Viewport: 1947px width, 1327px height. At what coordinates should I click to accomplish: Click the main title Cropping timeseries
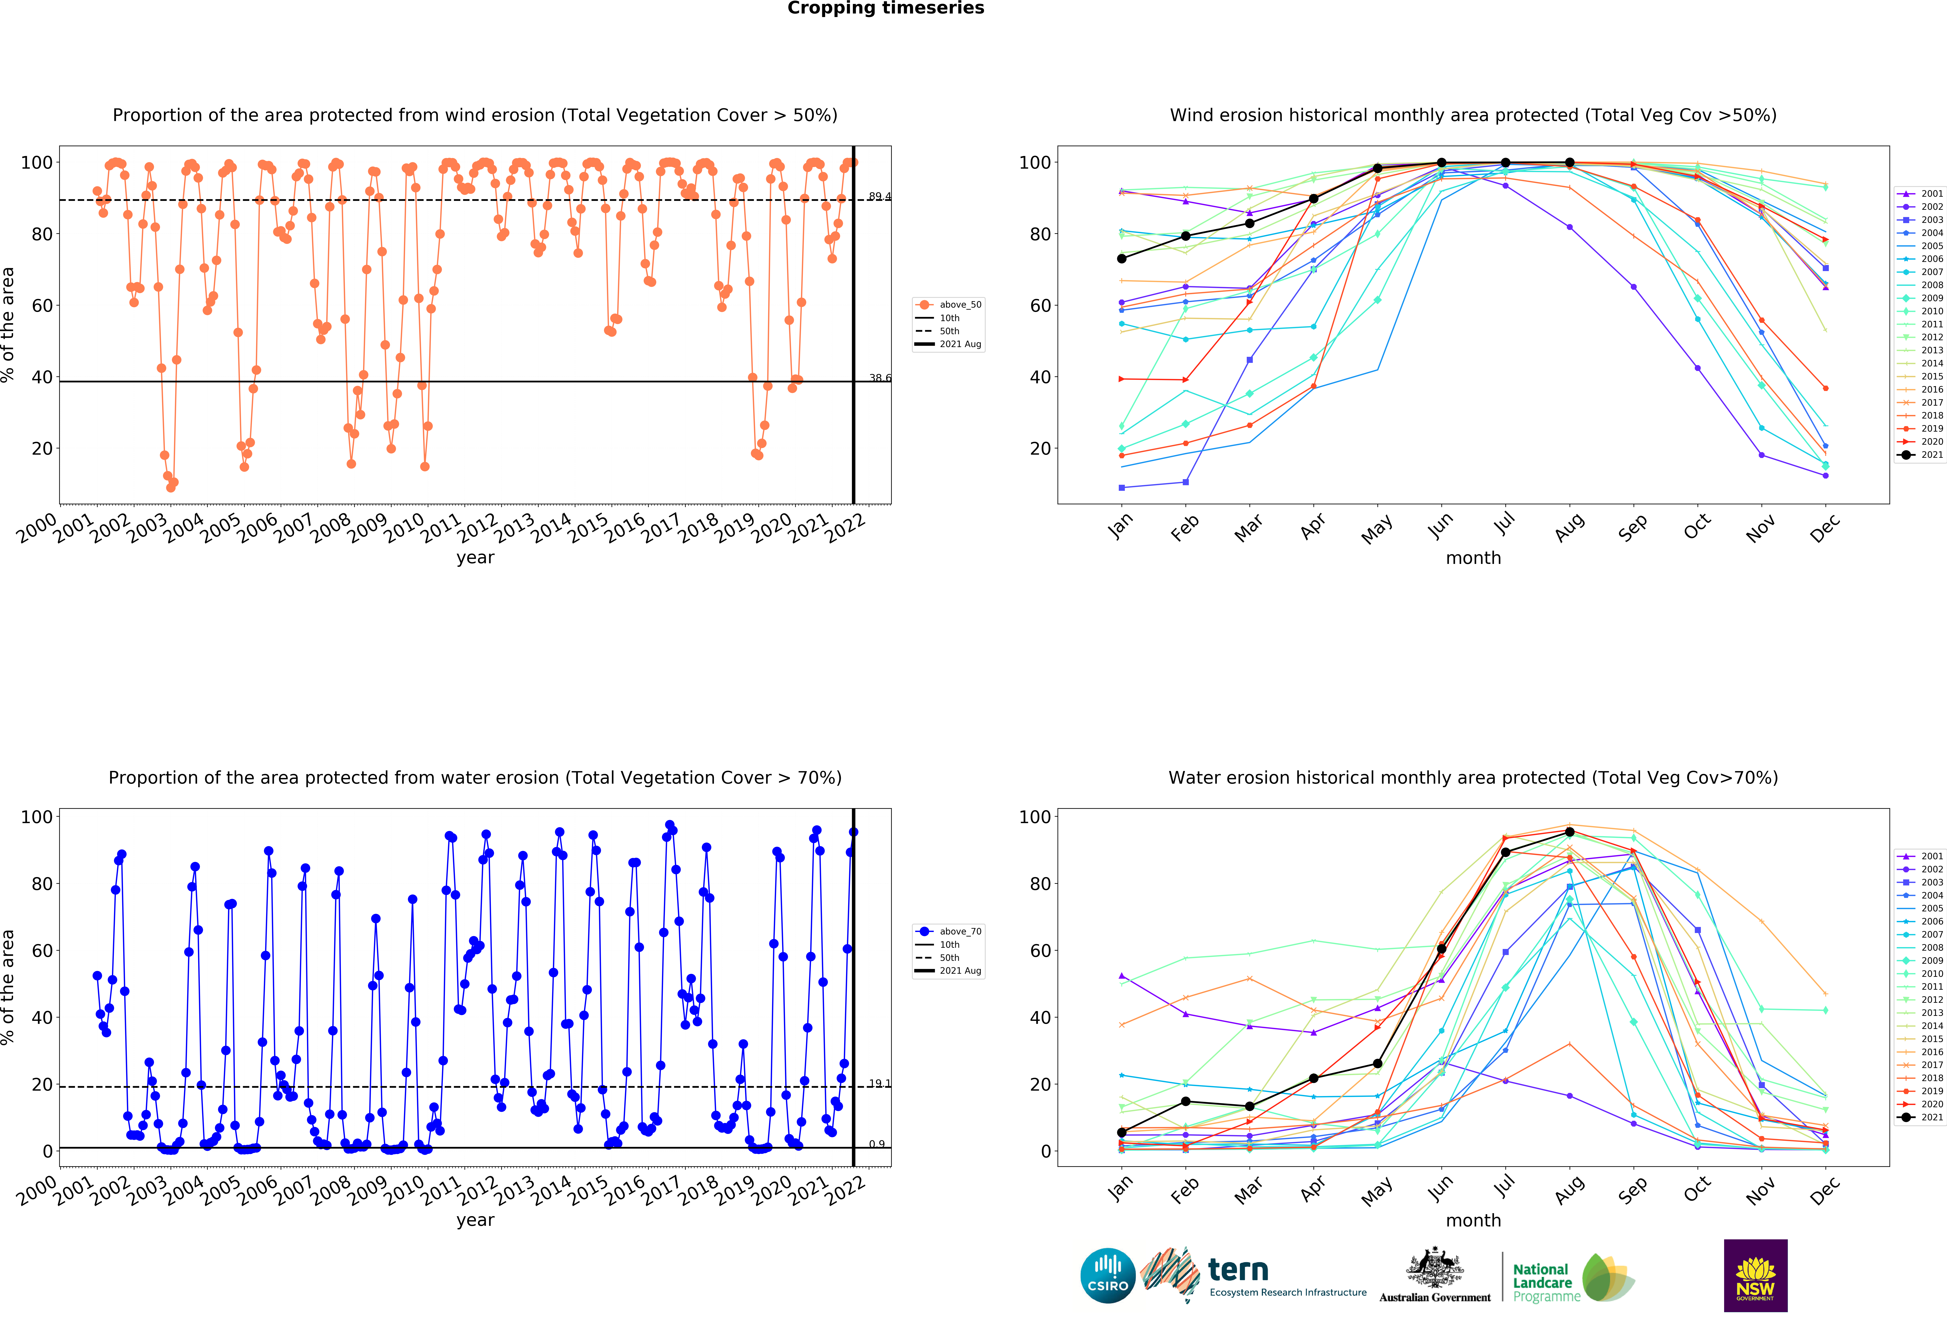point(886,8)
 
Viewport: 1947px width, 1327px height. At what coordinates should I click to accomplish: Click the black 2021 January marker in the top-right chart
point(1122,259)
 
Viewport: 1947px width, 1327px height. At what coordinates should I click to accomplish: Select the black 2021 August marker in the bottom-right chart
point(1569,832)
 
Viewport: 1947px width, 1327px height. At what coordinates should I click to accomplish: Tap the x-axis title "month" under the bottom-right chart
point(1473,1221)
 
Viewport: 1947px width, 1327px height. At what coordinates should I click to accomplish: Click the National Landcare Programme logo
point(1572,1282)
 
